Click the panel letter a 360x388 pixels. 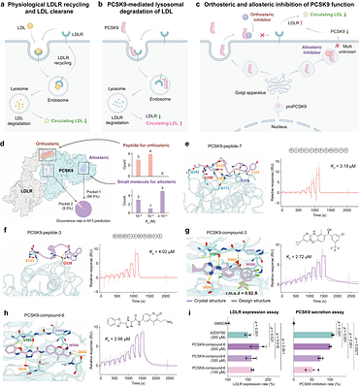[x=5, y=6]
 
